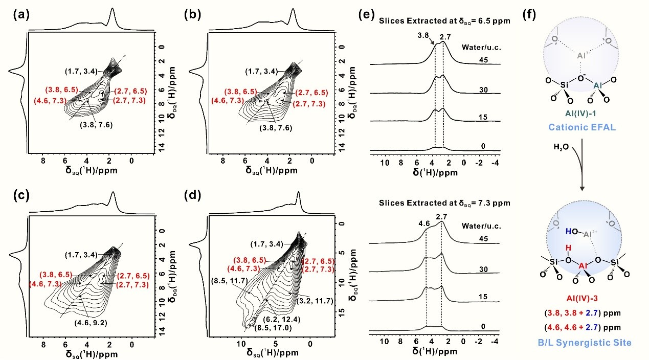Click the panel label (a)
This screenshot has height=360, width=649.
coord(21,14)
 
